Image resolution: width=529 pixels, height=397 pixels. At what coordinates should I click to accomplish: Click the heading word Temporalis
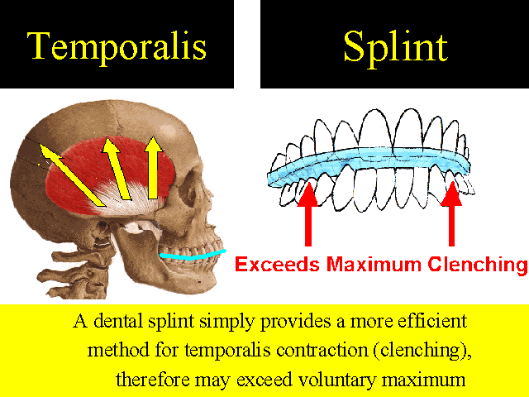pyautogui.click(x=117, y=46)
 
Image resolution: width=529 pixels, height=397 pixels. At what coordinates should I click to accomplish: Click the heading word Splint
pyautogui.click(x=395, y=47)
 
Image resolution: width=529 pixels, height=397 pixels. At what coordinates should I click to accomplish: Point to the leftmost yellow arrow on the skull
pyautogui.click(x=71, y=175)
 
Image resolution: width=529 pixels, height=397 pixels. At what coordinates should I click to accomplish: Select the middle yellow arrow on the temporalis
pyautogui.click(x=117, y=168)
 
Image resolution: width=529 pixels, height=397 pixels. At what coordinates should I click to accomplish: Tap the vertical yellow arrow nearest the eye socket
pyautogui.click(x=153, y=167)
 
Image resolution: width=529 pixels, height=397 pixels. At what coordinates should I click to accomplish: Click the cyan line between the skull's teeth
pyautogui.click(x=193, y=256)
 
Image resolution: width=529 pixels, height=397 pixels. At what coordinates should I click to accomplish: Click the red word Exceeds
pyautogui.click(x=277, y=264)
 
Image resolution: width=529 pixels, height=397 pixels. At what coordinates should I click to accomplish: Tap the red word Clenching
pyautogui.click(x=478, y=265)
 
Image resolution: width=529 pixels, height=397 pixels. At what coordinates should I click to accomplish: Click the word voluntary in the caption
pyautogui.click(x=337, y=380)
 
